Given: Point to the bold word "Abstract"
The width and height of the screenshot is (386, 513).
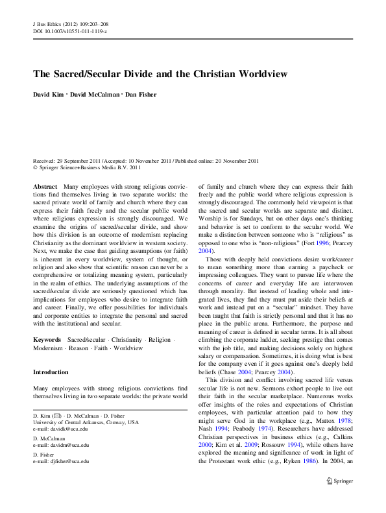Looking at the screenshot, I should pos(45,186).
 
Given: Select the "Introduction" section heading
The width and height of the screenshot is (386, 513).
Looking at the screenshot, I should pos(50,372).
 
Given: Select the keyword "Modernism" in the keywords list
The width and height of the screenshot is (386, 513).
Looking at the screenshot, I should pos(49,348).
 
